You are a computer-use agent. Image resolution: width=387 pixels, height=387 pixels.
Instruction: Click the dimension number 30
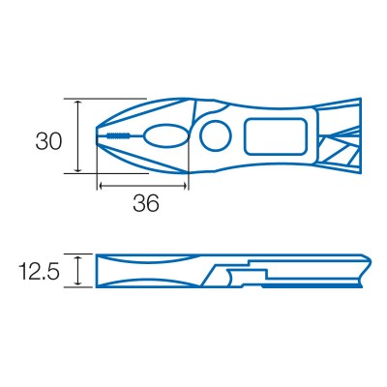(x=48, y=141)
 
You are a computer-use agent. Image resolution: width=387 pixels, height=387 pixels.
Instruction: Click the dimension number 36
(x=146, y=203)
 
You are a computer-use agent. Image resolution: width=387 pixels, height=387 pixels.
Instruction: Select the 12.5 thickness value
(x=39, y=271)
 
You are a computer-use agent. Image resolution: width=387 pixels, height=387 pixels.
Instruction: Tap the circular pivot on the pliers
(x=216, y=135)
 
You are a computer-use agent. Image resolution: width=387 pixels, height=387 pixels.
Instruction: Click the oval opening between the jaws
(x=165, y=135)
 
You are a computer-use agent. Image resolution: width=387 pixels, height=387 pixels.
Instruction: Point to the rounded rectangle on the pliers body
(x=275, y=136)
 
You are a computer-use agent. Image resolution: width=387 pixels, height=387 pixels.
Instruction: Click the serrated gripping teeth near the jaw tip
(x=117, y=135)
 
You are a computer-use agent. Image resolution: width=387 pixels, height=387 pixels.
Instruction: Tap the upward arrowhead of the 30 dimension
(x=77, y=103)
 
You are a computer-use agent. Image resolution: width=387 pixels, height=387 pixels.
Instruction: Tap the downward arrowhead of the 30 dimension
(x=77, y=168)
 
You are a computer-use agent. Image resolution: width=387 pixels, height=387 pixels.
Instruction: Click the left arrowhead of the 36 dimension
(x=102, y=186)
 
